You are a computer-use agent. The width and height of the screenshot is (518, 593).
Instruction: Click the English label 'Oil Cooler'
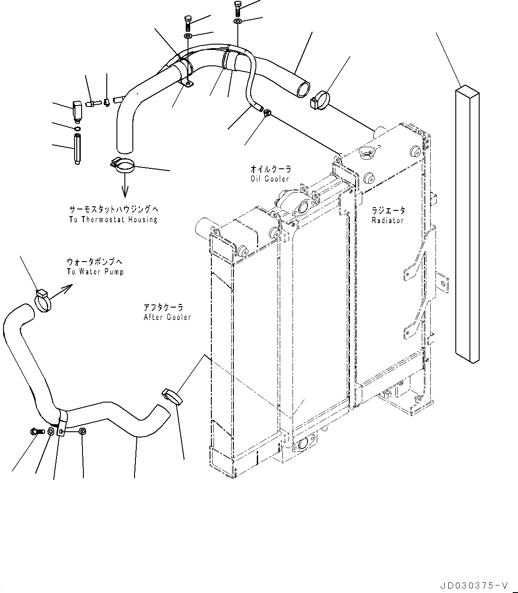click(x=269, y=179)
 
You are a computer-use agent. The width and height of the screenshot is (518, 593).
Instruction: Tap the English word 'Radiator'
click(x=387, y=220)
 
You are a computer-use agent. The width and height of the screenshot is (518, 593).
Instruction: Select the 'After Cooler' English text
click(x=167, y=317)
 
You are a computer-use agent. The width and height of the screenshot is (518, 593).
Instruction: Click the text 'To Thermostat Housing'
click(x=113, y=220)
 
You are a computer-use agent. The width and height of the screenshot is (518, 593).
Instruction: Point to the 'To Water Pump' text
click(x=95, y=272)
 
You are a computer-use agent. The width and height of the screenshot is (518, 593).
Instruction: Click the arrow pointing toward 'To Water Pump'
click(x=63, y=290)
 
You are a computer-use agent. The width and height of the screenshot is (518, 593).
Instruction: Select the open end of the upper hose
click(x=303, y=89)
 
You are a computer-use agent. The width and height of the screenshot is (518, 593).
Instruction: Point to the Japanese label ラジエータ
click(x=388, y=211)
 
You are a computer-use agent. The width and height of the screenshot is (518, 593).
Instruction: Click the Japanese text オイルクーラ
click(x=270, y=169)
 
